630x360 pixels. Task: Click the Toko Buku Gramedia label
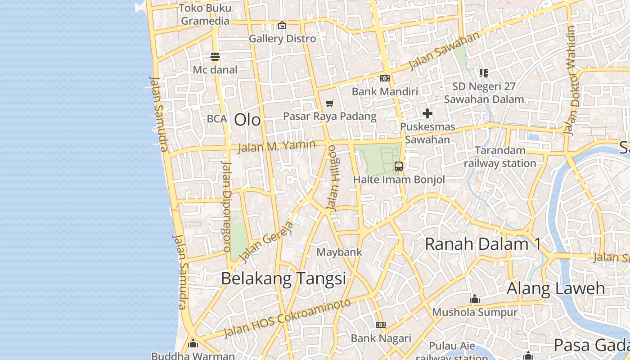(x=205, y=14)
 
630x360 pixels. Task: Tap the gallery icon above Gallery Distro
(x=282, y=25)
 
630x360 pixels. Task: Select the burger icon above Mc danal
(x=215, y=57)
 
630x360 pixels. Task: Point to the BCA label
(x=217, y=119)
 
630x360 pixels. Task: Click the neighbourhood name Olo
(x=247, y=120)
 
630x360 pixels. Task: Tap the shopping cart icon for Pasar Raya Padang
(x=330, y=103)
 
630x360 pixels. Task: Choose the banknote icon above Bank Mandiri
(x=384, y=78)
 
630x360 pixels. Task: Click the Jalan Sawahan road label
(x=444, y=51)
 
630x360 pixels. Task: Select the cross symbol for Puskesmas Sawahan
(x=427, y=113)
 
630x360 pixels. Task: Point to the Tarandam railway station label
(x=500, y=157)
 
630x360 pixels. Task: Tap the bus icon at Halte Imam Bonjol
(x=399, y=166)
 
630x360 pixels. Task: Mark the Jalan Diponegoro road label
(x=226, y=206)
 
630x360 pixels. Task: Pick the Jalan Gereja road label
(x=267, y=241)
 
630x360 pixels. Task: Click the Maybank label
(x=339, y=252)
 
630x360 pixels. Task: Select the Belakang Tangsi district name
(x=283, y=279)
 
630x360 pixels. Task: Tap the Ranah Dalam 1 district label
(x=482, y=244)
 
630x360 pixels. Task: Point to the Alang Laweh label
(x=556, y=288)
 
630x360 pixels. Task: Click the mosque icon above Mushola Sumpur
(x=475, y=299)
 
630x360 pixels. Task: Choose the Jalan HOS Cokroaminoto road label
(x=287, y=318)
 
